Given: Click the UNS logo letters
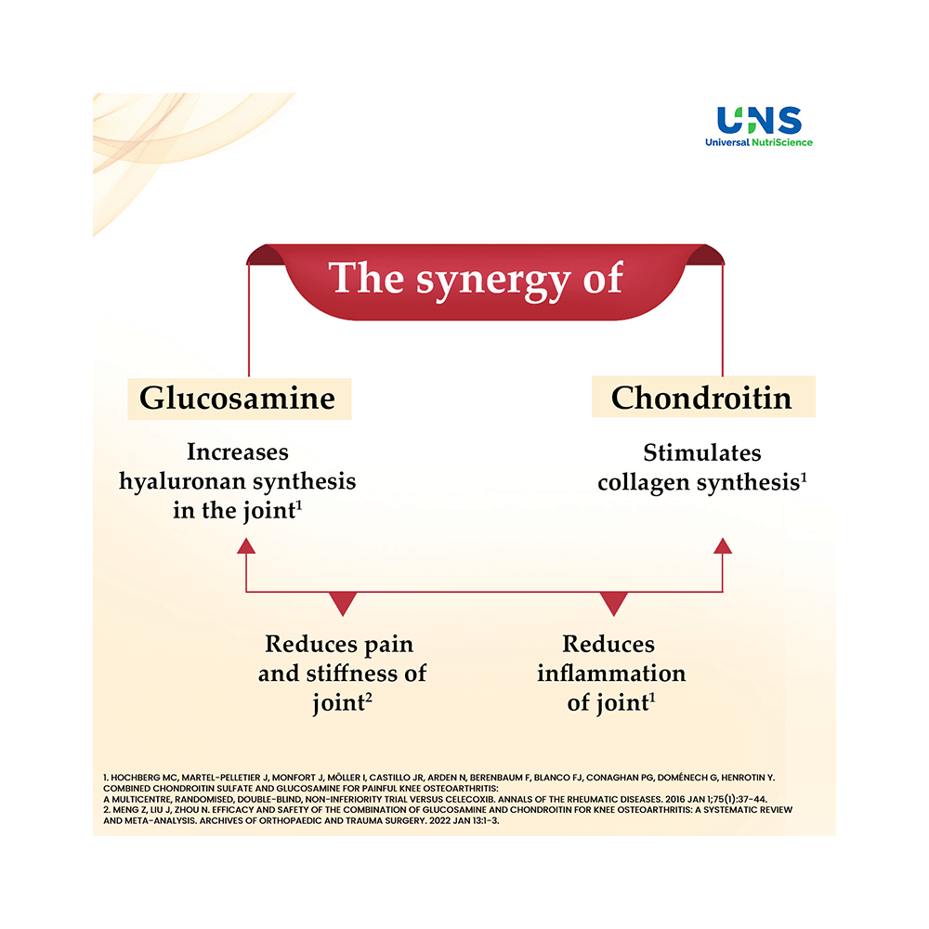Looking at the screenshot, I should pyautogui.click(x=759, y=120).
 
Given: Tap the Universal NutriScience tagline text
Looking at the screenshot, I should pyautogui.click(x=759, y=142).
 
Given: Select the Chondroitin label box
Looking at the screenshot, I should pyautogui.click(x=702, y=398).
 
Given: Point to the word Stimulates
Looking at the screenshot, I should pyautogui.click(x=702, y=452).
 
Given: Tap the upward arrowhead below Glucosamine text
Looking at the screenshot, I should pyautogui.click(x=246, y=546).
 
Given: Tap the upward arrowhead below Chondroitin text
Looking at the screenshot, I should pyautogui.click(x=723, y=546).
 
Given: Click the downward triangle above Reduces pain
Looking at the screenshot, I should pyautogui.click(x=344, y=604).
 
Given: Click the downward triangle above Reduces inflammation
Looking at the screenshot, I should pyautogui.click(x=613, y=604).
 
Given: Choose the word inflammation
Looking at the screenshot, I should pyautogui.click(x=611, y=674).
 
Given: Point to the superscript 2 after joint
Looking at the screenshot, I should pyautogui.click(x=369, y=697).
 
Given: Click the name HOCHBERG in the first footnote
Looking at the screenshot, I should pyautogui.click(x=136, y=775).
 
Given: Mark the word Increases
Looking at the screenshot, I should pyautogui.click(x=238, y=452).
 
